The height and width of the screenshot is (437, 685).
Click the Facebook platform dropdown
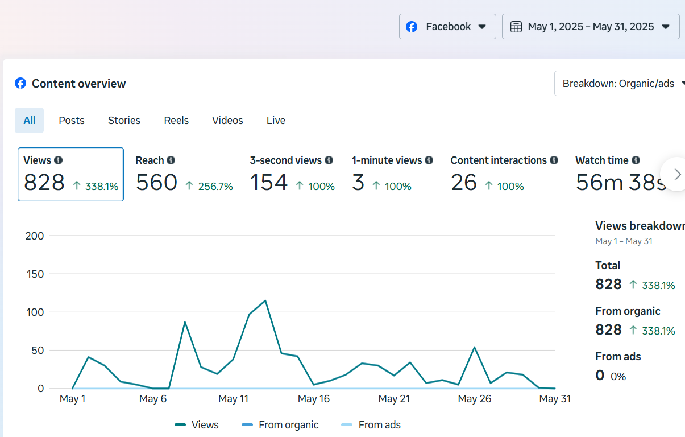[x=447, y=27]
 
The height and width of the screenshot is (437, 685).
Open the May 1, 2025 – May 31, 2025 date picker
[x=590, y=27]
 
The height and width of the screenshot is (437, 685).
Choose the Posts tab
[x=72, y=121]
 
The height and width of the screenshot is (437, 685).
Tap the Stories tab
[x=124, y=121]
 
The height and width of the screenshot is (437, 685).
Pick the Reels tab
[x=176, y=121]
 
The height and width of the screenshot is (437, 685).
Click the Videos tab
[x=227, y=121]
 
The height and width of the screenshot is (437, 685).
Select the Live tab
[x=276, y=121]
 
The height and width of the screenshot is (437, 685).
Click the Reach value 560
[x=156, y=183]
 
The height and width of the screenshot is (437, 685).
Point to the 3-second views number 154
[x=269, y=183]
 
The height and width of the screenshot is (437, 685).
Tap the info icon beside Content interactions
[x=554, y=160]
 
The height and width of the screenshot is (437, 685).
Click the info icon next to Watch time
[x=636, y=160]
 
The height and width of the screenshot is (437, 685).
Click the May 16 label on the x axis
[x=314, y=399]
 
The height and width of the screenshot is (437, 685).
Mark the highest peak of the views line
[x=265, y=300]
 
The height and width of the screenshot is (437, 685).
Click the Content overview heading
[x=78, y=84]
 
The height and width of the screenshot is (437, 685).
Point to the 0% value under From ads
[x=618, y=376]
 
